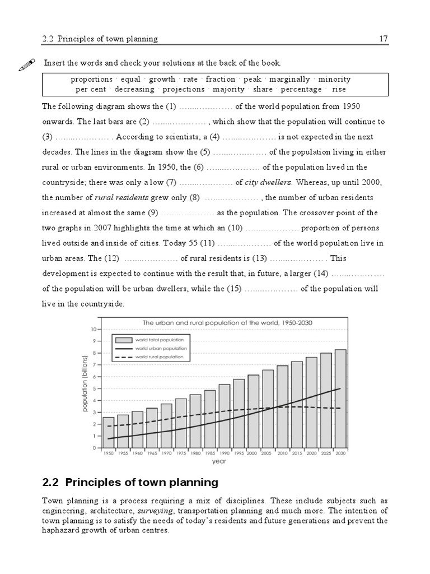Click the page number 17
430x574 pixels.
point(383,39)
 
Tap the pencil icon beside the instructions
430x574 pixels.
point(26,64)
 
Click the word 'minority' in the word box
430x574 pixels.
point(334,80)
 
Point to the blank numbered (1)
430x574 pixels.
point(209,107)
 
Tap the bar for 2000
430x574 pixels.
point(254,411)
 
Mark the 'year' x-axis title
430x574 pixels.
point(219,462)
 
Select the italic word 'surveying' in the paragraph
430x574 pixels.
point(152,511)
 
